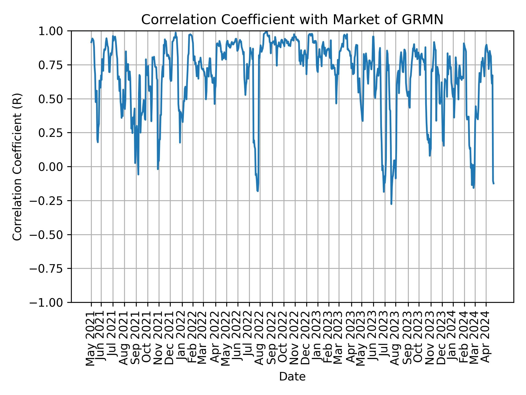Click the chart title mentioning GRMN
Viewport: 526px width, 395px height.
click(292, 20)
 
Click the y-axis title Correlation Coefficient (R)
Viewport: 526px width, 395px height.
click(17, 167)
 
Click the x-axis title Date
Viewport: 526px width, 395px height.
click(292, 377)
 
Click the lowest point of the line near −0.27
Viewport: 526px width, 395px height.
click(391, 204)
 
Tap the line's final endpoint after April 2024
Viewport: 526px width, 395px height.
click(494, 184)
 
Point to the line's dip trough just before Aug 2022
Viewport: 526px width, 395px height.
click(258, 191)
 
